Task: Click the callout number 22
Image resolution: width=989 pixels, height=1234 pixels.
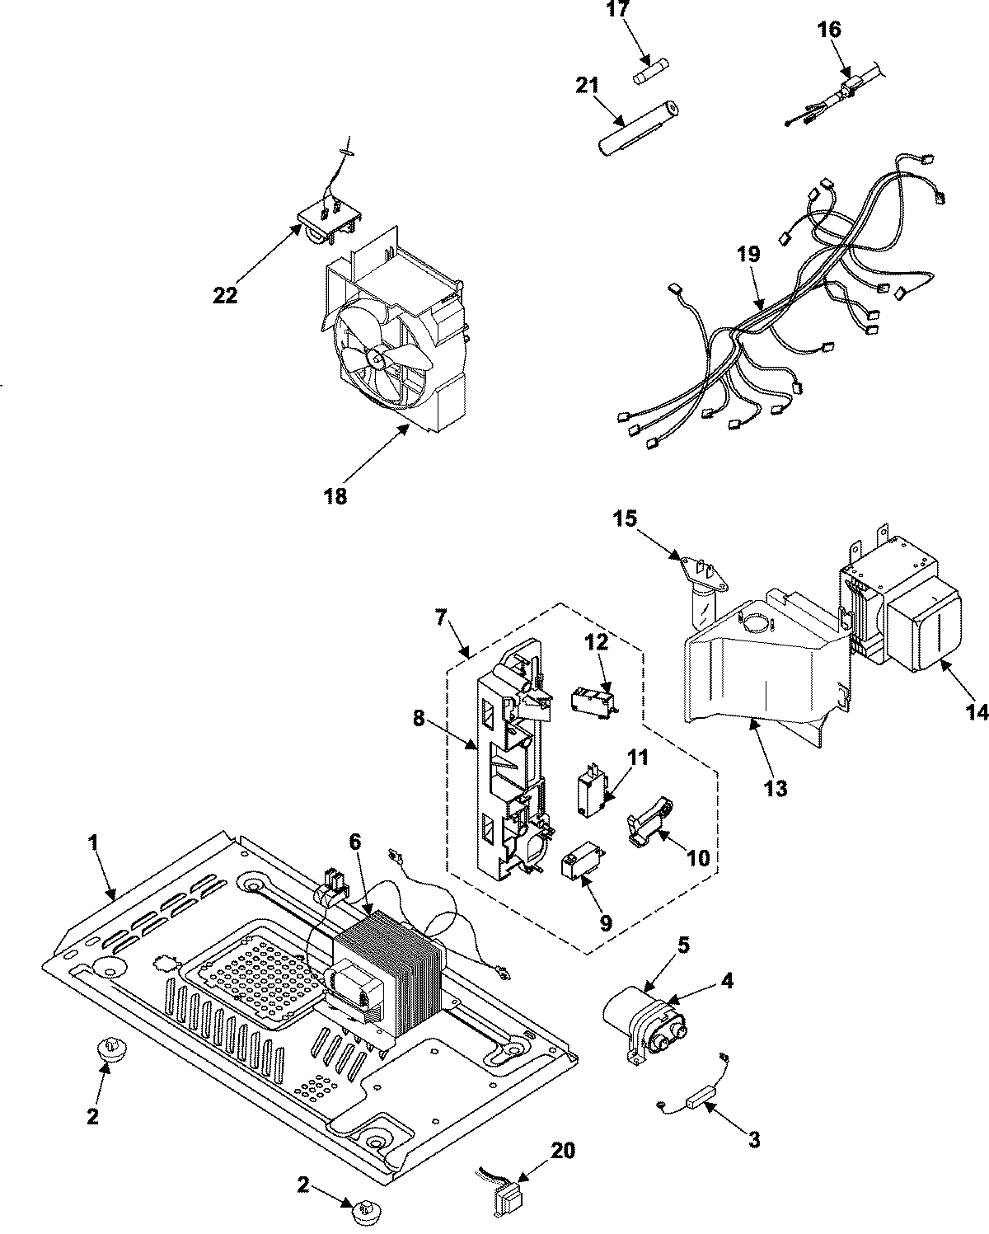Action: tap(224, 294)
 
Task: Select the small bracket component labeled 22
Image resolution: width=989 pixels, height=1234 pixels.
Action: tap(329, 219)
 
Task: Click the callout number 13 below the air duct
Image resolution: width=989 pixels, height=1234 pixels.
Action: tap(776, 788)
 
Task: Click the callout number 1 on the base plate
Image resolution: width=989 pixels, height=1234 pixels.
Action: tap(92, 843)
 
